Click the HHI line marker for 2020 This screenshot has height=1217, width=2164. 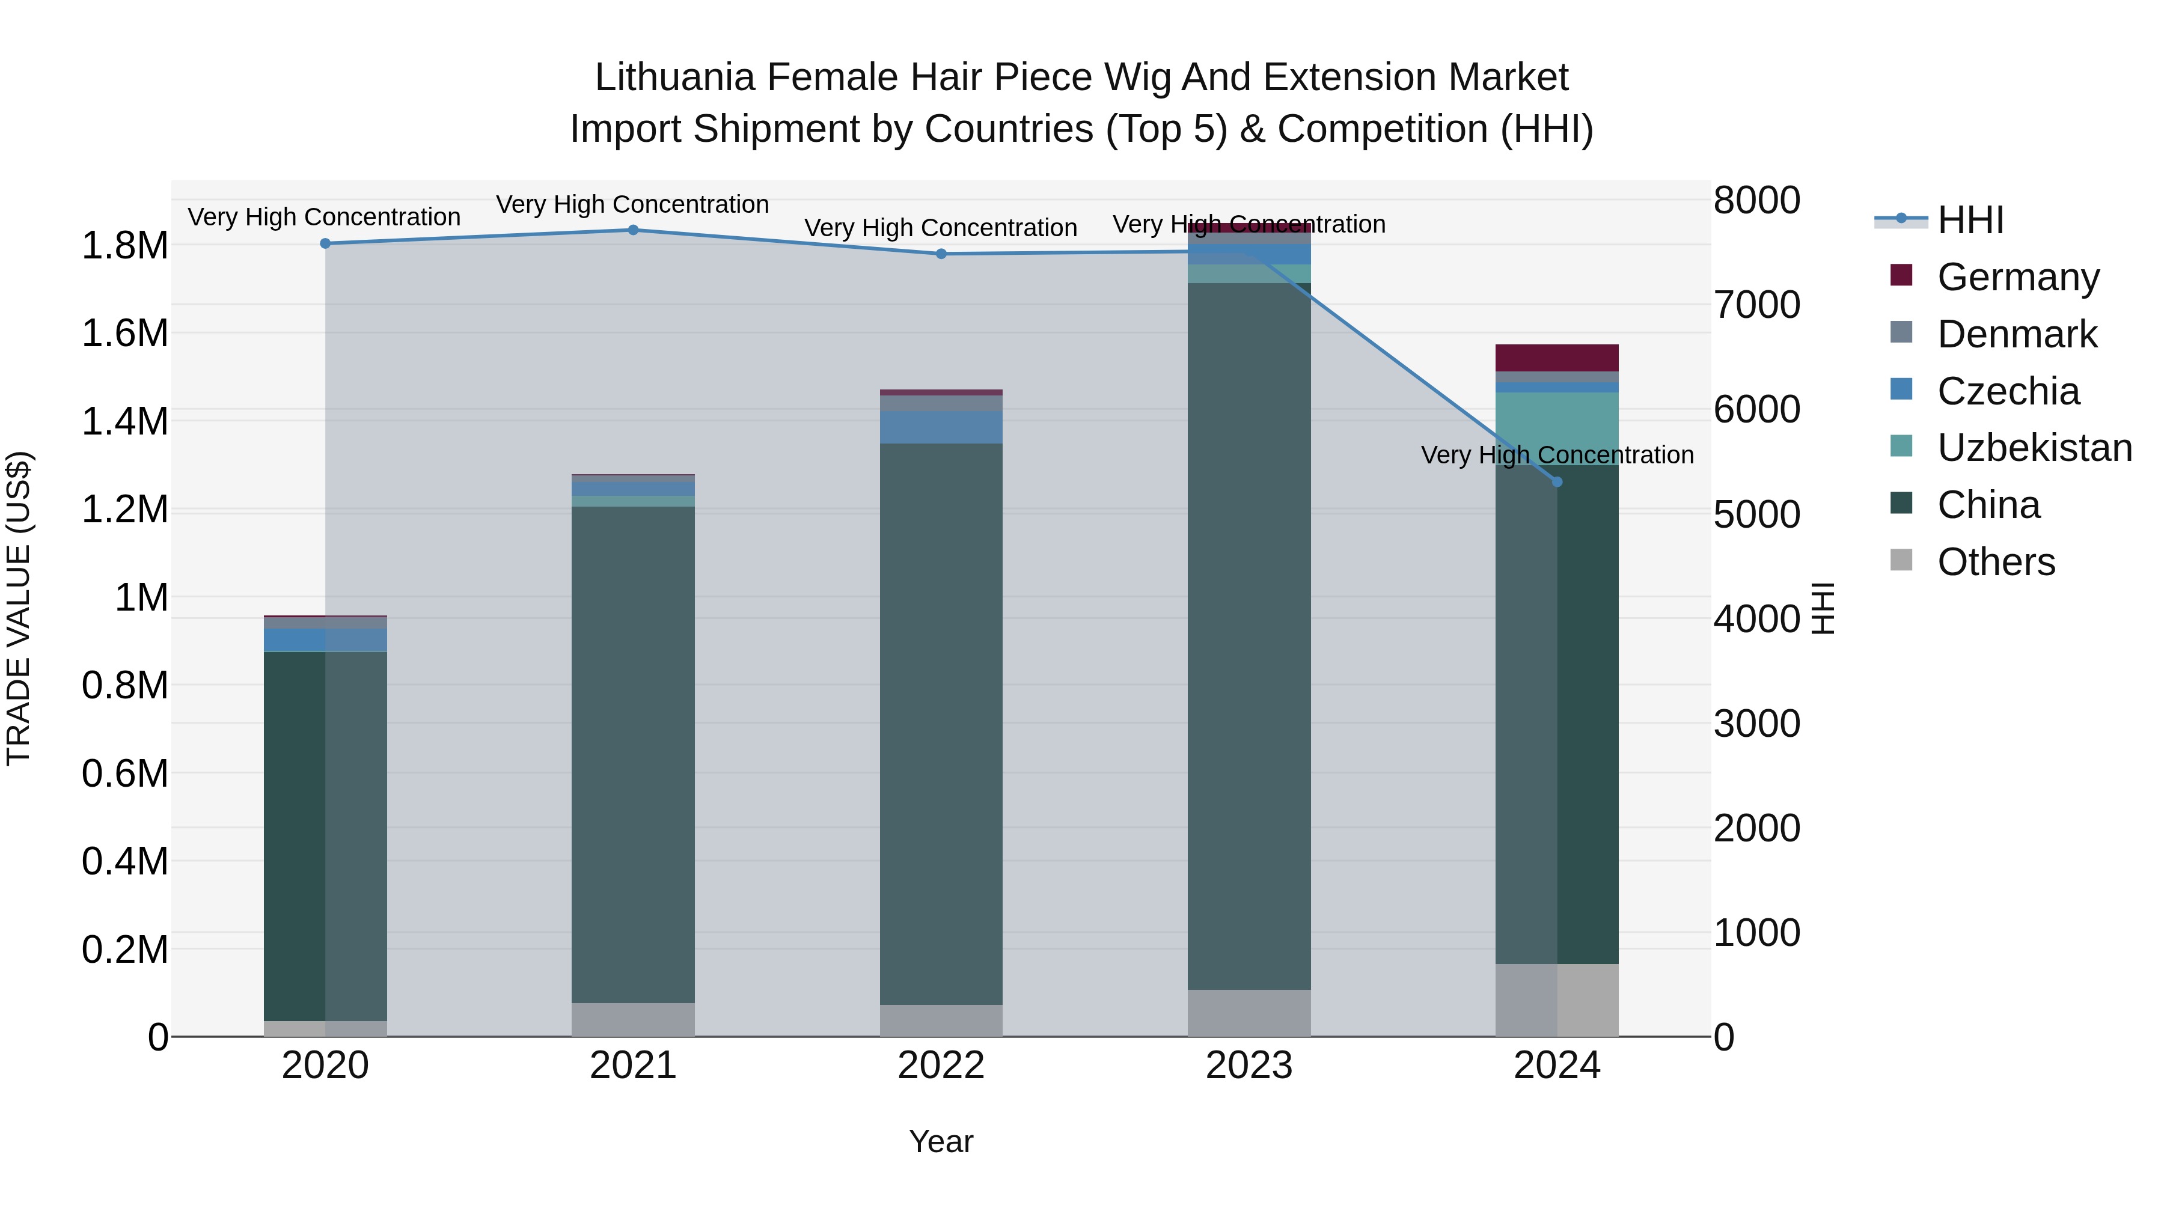click(x=325, y=243)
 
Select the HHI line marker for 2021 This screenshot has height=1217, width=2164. click(x=634, y=230)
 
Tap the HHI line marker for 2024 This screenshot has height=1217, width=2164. click(x=1557, y=482)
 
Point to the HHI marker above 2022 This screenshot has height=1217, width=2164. click(x=941, y=254)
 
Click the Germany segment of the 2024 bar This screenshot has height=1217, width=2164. click(x=1557, y=358)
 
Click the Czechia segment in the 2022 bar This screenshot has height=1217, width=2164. click(x=941, y=427)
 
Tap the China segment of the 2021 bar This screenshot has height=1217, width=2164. click(x=634, y=756)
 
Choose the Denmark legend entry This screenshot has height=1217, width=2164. click(x=2016, y=334)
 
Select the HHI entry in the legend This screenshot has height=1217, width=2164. click(x=1970, y=220)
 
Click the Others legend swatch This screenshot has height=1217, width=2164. click(x=1901, y=560)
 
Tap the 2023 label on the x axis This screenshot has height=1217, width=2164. click(x=1249, y=1066)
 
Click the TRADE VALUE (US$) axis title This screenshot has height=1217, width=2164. click(x=19, y=608)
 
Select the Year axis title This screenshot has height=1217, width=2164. click(x=941, y=1141)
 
